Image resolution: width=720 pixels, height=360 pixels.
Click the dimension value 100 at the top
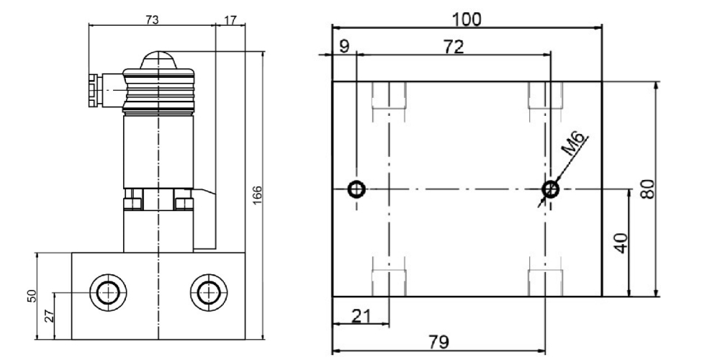467,19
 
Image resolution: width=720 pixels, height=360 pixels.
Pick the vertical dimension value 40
621,243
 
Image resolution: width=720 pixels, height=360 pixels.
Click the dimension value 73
152,19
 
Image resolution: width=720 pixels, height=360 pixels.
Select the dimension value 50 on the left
31,296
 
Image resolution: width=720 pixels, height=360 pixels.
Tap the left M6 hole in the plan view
356,189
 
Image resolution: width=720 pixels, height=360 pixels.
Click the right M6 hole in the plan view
551,189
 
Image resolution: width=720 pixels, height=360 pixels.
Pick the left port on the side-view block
107,292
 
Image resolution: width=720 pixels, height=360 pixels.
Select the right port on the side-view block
208,292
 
